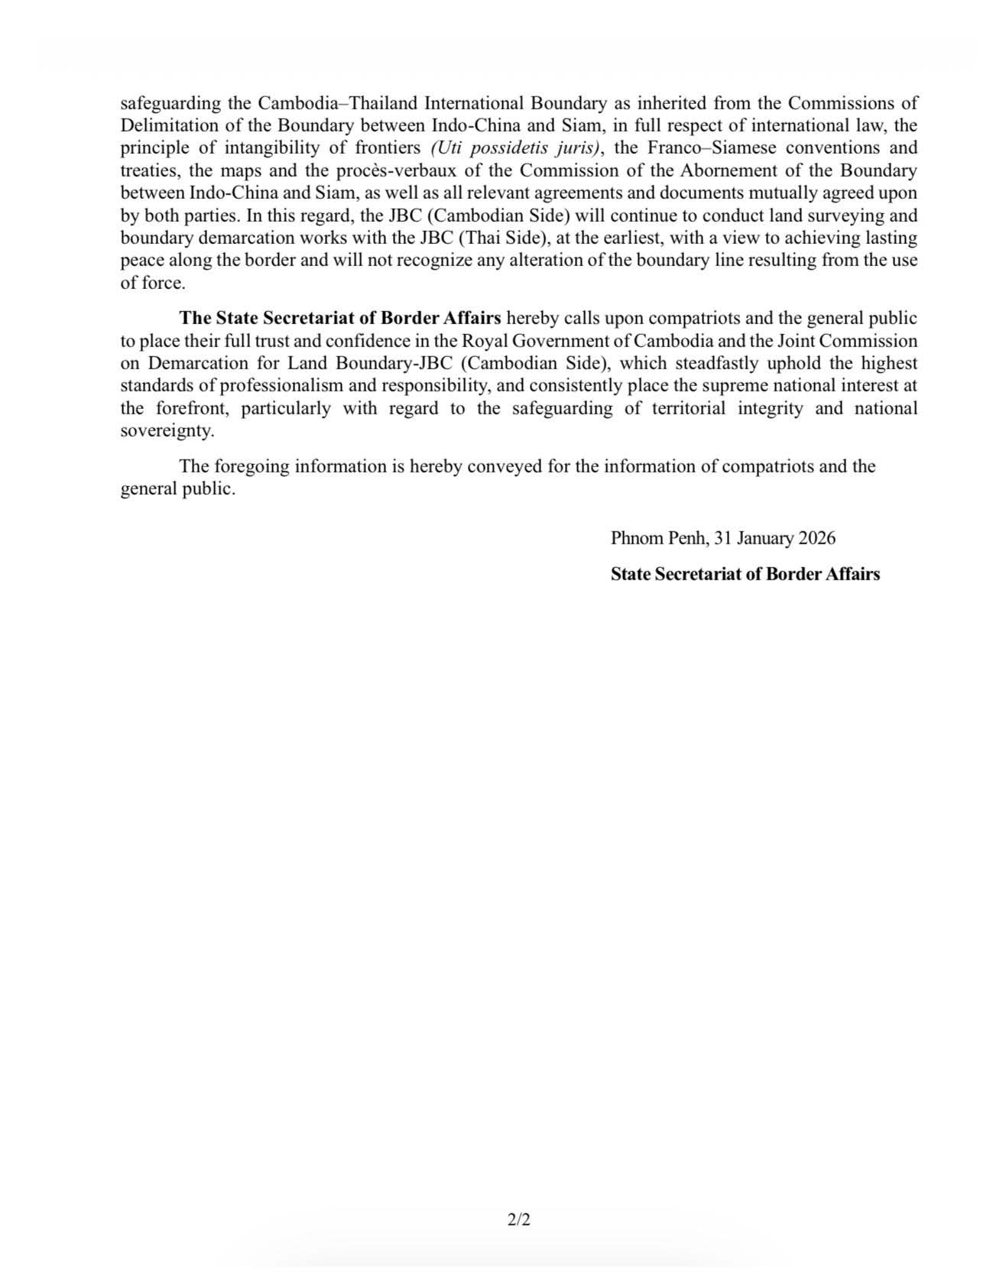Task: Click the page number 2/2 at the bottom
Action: click(x=518, y=1219)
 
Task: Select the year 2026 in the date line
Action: click(x=816, y=538)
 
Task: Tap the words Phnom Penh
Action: click(x=660, y=538)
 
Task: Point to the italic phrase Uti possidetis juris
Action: click(x=515, y=148)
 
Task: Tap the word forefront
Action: click(x=193, y=408)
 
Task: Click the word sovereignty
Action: click(x=167, y=431)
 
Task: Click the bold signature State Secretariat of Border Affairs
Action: click(x=745, y=574)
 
